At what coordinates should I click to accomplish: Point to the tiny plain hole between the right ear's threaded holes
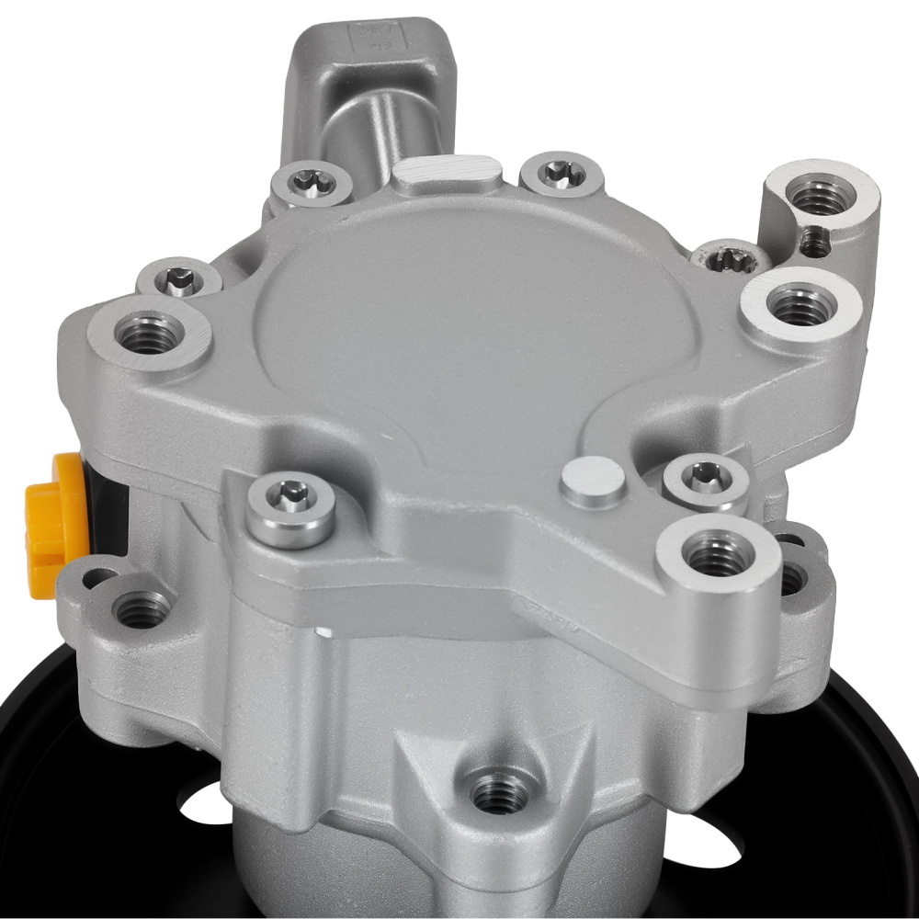tap(812, 241)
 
